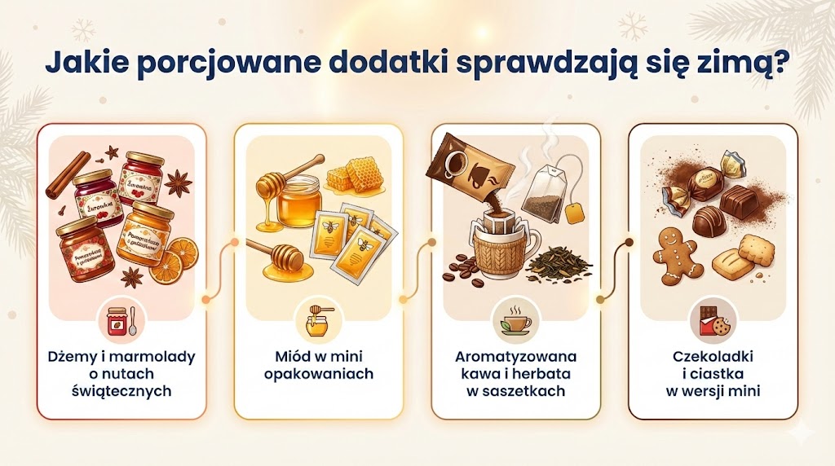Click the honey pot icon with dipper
319,320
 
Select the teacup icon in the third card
515,320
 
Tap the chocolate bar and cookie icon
713,320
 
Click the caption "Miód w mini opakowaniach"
319,366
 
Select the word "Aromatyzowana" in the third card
516,358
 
